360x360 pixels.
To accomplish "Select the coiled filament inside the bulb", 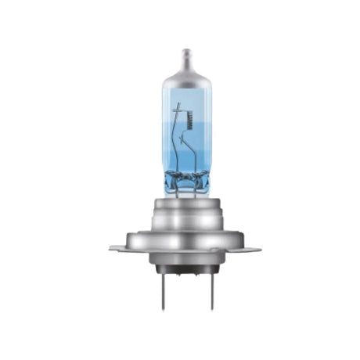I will point(189,119).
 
